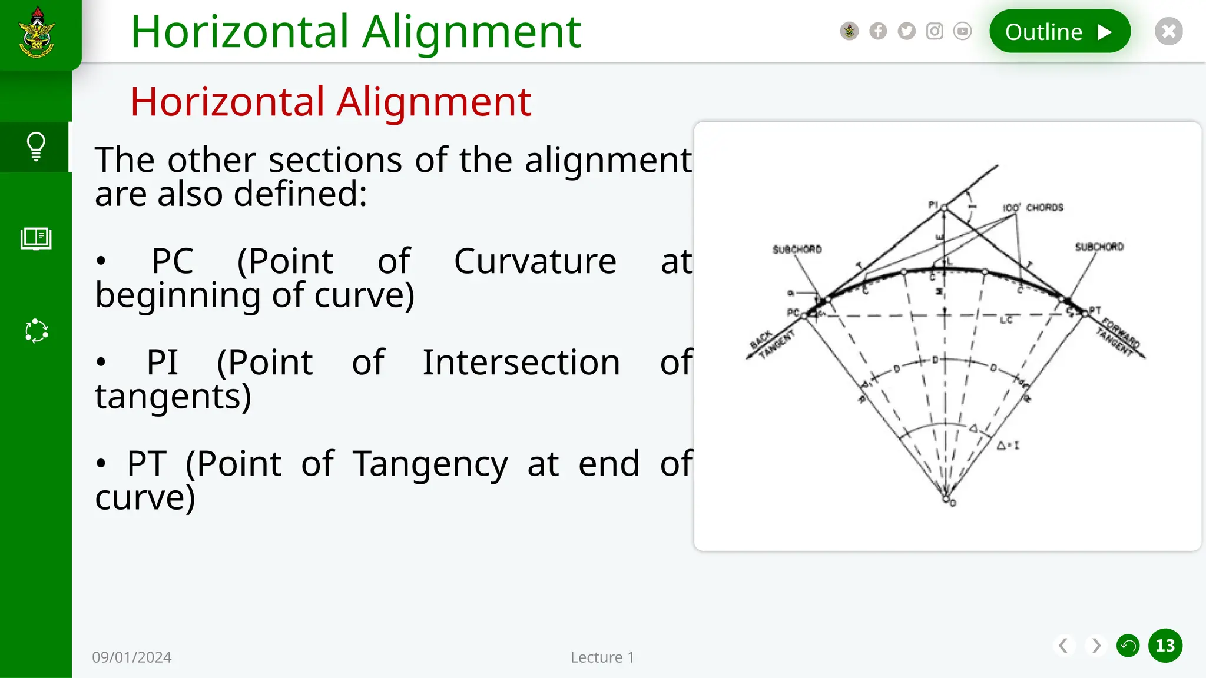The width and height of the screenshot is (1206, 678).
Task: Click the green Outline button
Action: point(1059,31)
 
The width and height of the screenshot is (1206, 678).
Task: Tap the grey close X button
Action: point(1169,31)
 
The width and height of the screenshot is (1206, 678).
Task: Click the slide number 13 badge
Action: point(1165,646)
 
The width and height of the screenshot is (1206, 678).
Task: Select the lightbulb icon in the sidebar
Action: point(36,147)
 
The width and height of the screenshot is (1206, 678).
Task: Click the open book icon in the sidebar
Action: point(36,239)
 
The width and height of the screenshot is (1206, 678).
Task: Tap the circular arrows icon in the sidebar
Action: point(37,331)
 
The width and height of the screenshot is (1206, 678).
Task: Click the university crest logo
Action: point(37,33)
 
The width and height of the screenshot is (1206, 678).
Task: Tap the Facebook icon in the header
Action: point(878,31)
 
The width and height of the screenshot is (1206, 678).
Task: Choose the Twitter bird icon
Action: point(906,31)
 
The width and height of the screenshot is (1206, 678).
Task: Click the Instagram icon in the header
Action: point(935,31)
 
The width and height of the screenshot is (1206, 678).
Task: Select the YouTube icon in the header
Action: point(962,31)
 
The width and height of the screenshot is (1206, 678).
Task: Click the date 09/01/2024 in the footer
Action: point(132,657)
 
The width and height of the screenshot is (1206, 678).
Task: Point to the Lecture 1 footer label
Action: point(602,657)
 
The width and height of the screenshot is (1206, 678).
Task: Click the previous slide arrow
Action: point(1063,646)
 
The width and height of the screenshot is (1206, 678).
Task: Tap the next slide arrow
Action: point(1096,646)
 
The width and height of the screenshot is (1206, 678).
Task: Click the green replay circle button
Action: point(1128,646)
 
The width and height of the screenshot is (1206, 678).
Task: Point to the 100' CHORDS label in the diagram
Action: point(1033,208)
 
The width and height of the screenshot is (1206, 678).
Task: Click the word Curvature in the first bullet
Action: point(535,261)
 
